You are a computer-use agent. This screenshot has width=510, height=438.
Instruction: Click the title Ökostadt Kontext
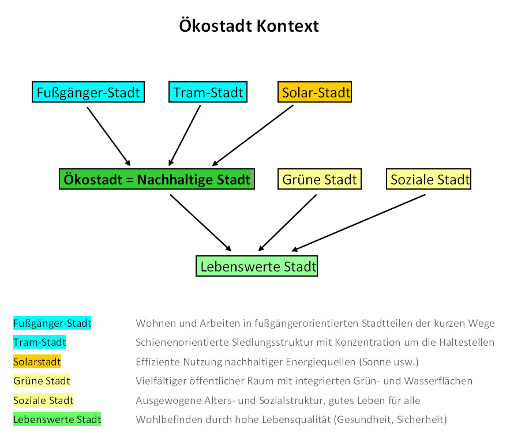click(x=249, y=26)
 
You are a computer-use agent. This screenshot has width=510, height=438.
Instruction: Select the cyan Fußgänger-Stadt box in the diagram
click(x=88, y=92)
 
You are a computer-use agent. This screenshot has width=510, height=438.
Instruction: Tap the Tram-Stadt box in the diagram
click(x=208, y=92)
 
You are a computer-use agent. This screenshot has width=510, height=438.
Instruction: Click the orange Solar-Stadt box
click(x=314, y=92)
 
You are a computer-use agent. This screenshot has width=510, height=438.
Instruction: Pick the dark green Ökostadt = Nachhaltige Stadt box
click(x=157, y=179)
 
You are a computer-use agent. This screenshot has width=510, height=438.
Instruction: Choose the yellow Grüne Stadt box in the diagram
click(x=320, y=179)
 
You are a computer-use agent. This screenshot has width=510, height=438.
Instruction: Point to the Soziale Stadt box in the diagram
click(x=429, y=179)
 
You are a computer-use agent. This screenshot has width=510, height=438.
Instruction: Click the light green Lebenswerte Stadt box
click(x=257, y=266)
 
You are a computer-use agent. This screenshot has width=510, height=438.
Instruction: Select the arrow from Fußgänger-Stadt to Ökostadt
click(x=108, y=137)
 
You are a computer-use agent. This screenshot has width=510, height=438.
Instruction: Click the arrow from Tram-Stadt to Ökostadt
click(x=185, y=135)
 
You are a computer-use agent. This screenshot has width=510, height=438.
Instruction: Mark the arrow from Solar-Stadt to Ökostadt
click(x=253, y=135)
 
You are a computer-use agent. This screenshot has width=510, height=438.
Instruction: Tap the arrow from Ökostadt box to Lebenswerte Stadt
click(x=201, y=223)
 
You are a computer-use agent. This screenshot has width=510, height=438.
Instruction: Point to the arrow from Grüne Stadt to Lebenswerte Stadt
click(x=287, y=223)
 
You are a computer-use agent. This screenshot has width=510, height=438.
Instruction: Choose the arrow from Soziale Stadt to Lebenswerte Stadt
click(x=358, y=223)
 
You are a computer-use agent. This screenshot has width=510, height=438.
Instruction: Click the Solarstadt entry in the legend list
click(x=37, y=362)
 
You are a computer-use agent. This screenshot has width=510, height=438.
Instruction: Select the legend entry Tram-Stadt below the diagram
click(x=39, y=342)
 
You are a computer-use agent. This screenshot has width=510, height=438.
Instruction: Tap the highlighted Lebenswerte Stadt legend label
click(x=57, y=420)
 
